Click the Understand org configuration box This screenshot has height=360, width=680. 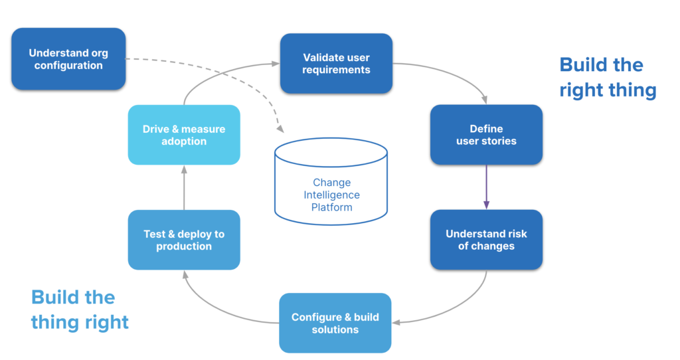click(68, 59)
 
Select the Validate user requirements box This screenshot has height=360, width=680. click(336, 64)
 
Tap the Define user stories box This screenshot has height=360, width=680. click(486, 134)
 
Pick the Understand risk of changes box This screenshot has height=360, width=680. click(486, 240)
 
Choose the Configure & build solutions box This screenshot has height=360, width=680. click(335, 323)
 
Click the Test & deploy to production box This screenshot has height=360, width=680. click(184, 240)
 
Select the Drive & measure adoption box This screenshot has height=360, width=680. click(184, 135)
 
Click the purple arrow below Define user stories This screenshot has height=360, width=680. click(486, 187)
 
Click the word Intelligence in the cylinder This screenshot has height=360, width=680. click(331, 195)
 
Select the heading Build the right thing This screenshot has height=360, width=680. click(607, 77)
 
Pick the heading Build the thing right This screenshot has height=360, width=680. click(80, 310)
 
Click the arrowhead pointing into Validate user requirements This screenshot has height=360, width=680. click(276, 64)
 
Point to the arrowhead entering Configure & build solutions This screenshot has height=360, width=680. click(396, 322)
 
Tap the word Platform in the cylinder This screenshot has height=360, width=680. click(331, 207)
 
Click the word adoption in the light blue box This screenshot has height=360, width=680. click(184, 141)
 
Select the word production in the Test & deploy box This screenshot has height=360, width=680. click(184, 246)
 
